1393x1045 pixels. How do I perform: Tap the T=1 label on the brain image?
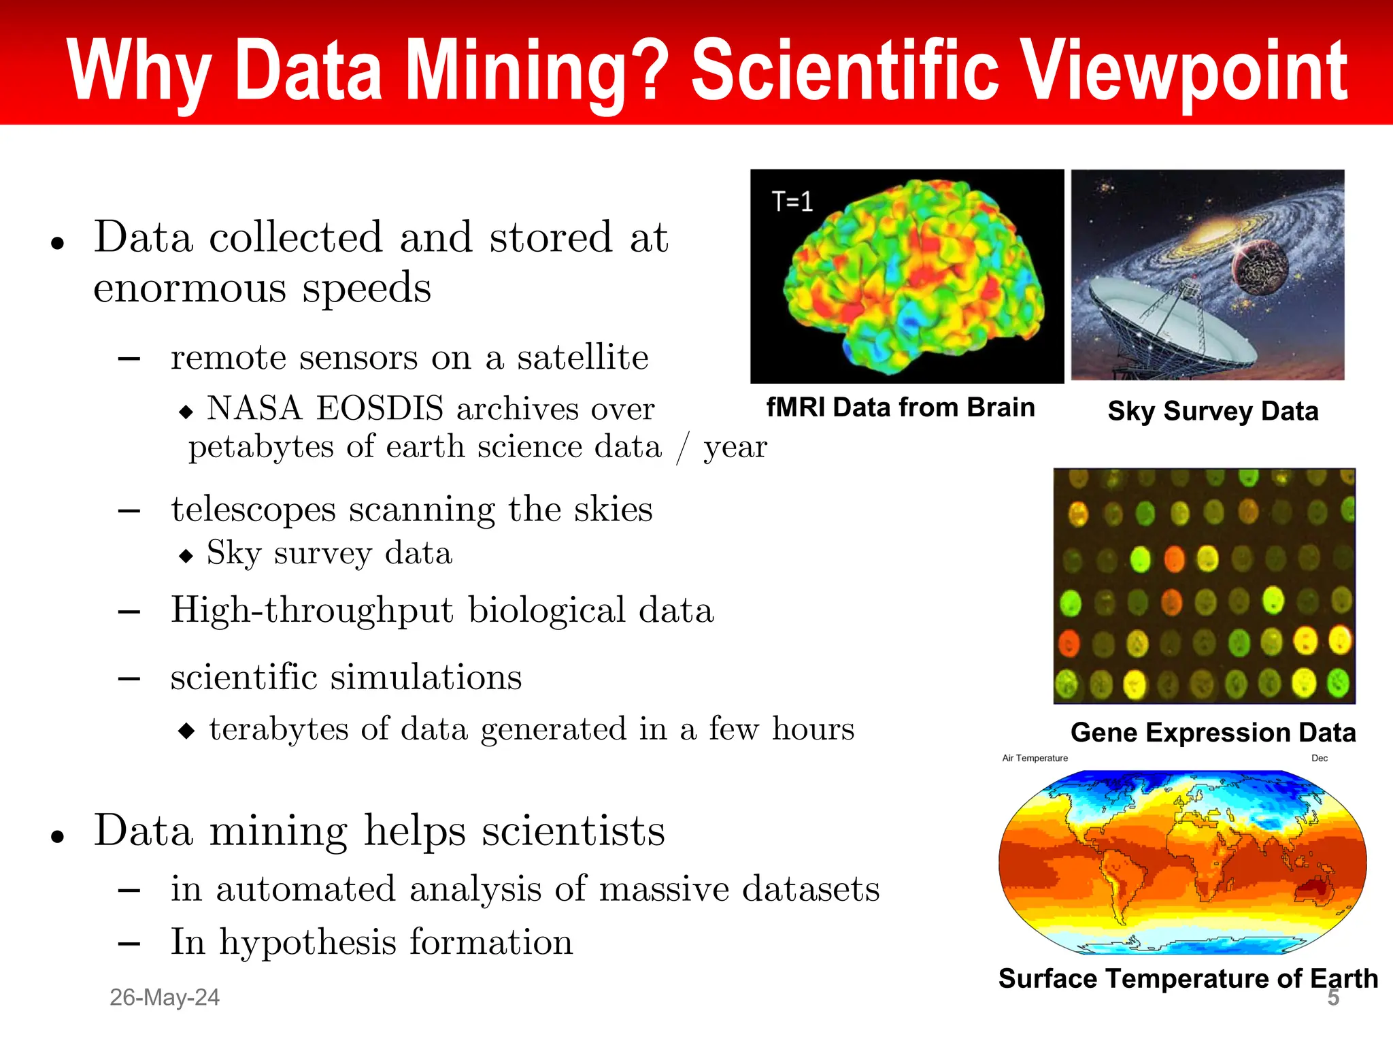tap(792, 202)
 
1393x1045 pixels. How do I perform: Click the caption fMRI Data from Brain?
tap(900, 408)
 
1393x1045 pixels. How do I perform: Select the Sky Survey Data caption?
tap(1213, 412)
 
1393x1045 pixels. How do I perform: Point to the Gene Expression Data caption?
tap(1213, 733)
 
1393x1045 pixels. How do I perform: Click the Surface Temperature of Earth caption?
tap(1188, 978)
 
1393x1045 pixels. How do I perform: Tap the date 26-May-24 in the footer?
tap(165, 997)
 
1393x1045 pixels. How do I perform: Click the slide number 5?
tap(1333, 998)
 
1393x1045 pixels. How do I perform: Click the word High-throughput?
tap(312, 610)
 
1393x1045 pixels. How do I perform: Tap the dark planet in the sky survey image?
tap(1260, 268)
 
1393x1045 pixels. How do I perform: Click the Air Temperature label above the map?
tap(1035, 758)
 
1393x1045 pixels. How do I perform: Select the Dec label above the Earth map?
tap(1319, 758)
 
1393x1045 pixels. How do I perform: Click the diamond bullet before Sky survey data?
tap(186, 556)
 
